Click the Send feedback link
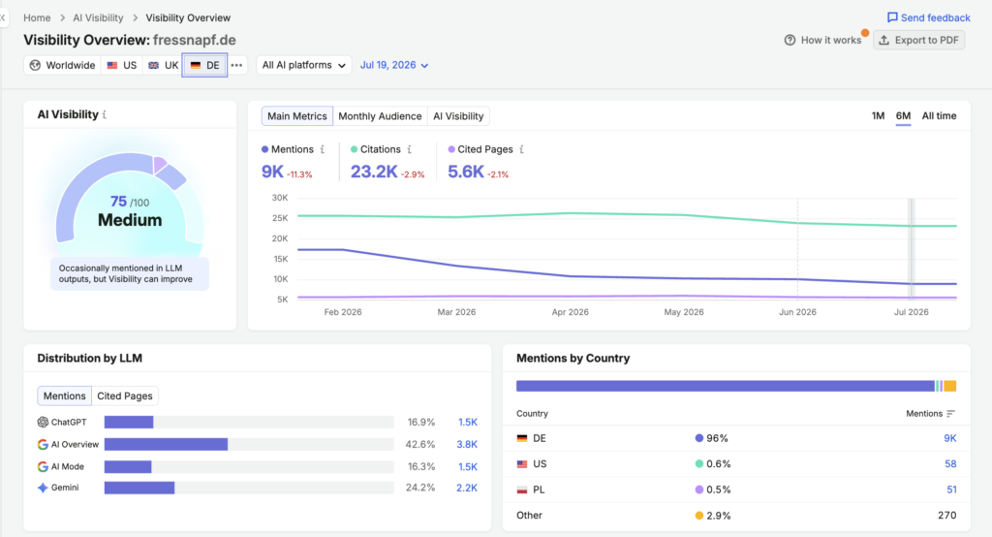tap(928, 17)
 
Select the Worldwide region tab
tap(62, 65)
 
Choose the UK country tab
tap(163, 65)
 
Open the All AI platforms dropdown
tap(303, 65)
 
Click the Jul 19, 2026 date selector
tap(394, 65)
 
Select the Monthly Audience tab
tap(380, 116)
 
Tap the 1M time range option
tap(878, 116)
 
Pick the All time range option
tap(939, 116)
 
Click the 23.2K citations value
tap(374, 172)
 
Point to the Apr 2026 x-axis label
tap(570, 312)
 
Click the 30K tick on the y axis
tap(280, 198)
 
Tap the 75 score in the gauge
tap(118, 202)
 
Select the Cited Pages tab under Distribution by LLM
tap(125, 395)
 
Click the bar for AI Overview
tap(166, 445)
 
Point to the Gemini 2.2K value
tap(467, 488)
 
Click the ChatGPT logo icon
tap(43, 423)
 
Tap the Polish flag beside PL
tap(522, 490)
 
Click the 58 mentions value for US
tap(950, 464)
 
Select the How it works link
tap(822, 40)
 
